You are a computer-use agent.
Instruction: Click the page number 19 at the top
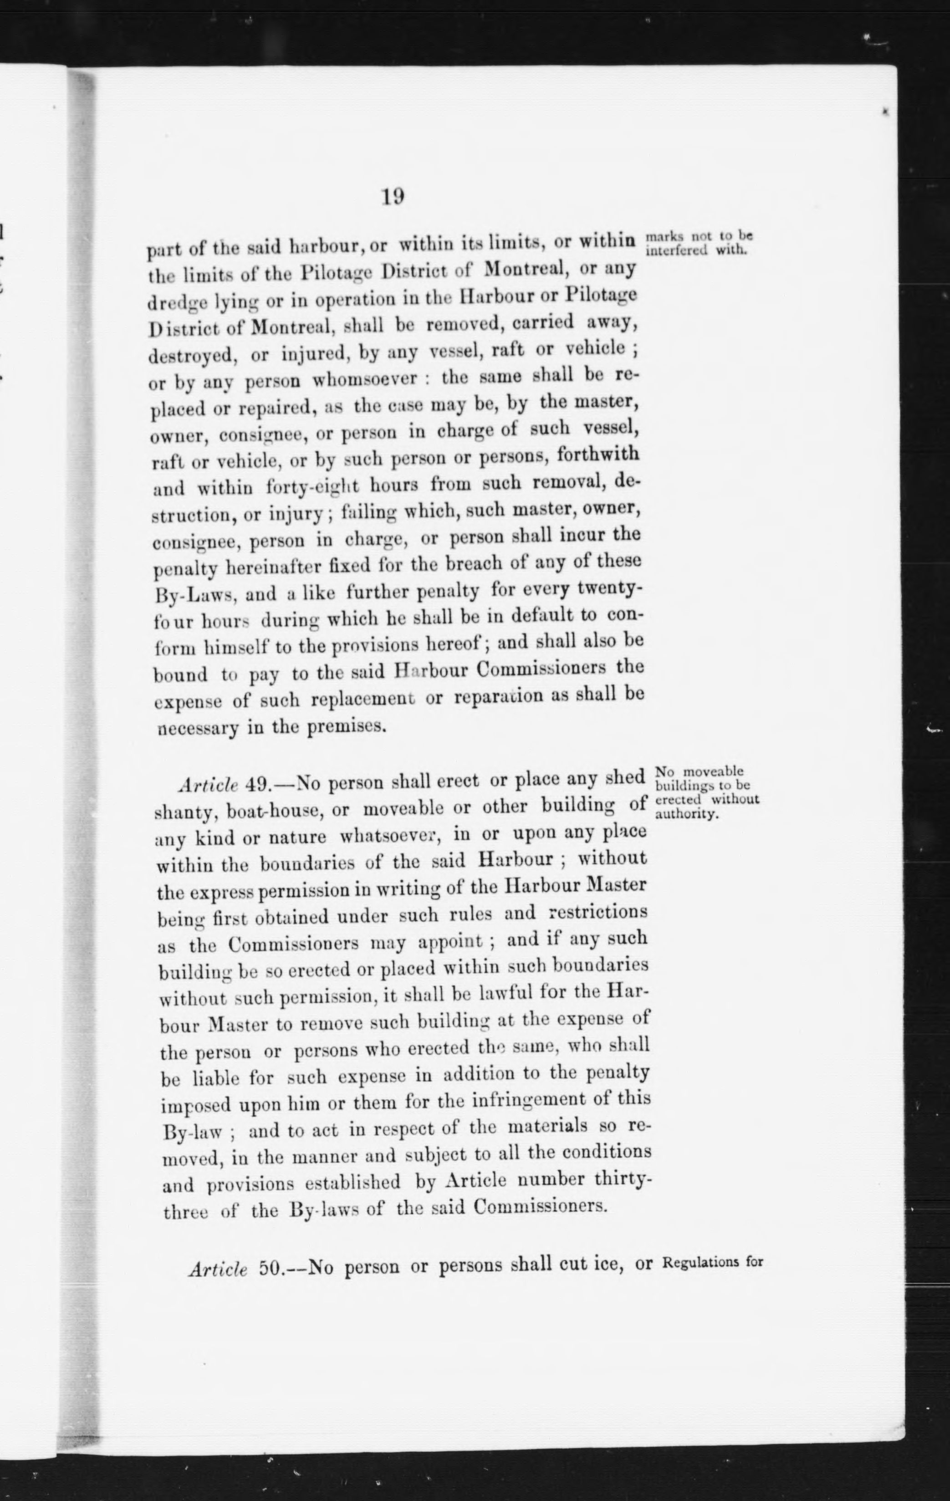click(393, 197)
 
